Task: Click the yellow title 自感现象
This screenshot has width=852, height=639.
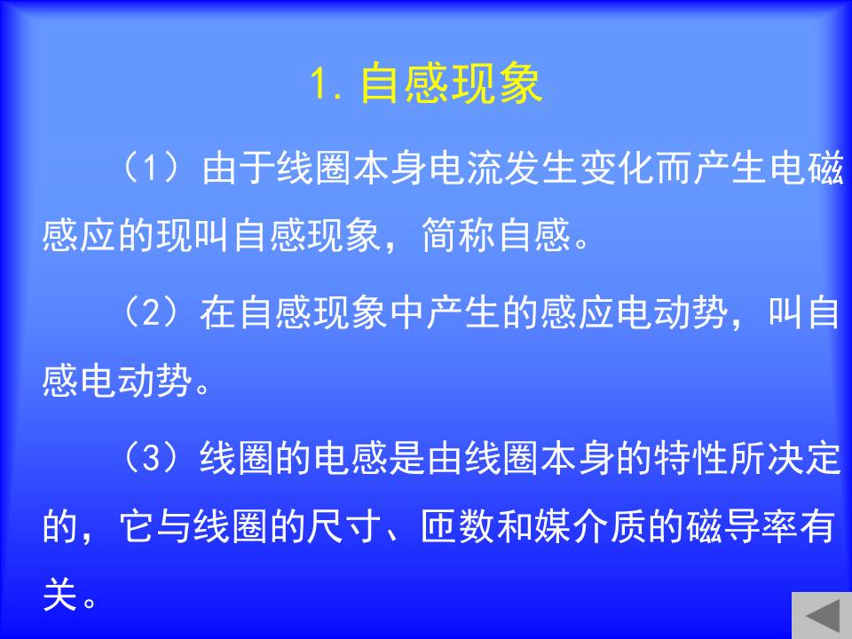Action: click(x=451, y=83)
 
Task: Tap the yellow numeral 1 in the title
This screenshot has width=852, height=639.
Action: click(x=318, y=83)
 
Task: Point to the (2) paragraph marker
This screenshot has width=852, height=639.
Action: click(x=151, y=312)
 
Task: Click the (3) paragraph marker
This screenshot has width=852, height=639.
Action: click(x=151, y=457)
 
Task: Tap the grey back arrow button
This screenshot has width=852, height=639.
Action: click(x=822, y=615)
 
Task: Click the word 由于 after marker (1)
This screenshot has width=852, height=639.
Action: click(x=238, y=167)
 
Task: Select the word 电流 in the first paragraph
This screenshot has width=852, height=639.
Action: click(x=466, y=167)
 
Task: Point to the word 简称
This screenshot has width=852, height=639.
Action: click(x=458, y=235)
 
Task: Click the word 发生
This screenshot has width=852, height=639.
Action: click(x=541, y=167)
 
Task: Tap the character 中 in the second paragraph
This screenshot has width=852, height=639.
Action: click(x=407, y=312)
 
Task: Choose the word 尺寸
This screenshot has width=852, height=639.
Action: click(x=344, y=526)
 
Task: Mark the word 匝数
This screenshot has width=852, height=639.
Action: click(x=458, y=526)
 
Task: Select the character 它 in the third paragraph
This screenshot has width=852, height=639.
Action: click(x=138, y=526)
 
